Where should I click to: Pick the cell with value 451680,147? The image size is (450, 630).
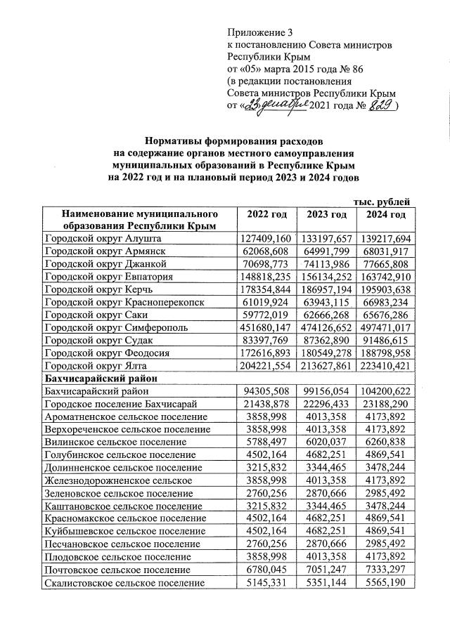click(262, 327)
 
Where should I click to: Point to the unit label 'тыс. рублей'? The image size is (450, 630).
click(380, 202)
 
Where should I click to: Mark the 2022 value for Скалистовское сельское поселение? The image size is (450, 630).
click(262, 582)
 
